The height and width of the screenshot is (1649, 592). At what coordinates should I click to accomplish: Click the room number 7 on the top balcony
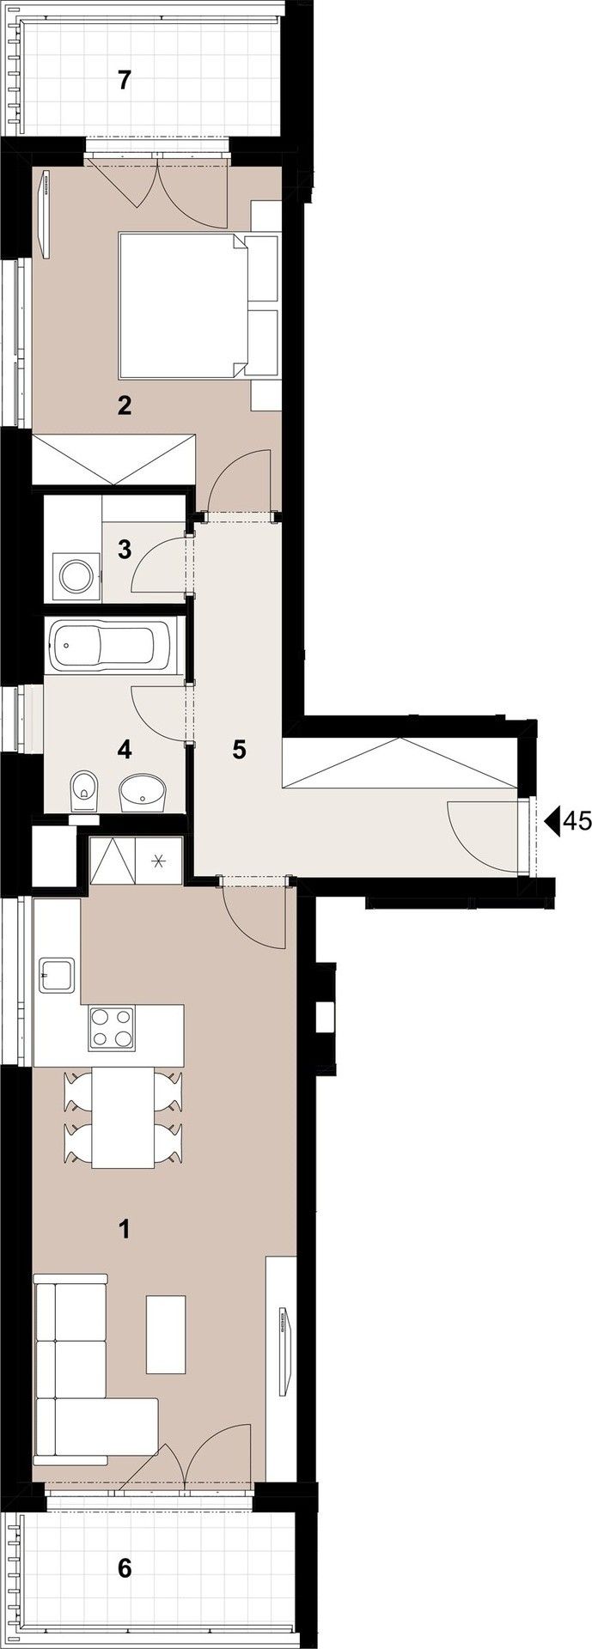tap(125, 81)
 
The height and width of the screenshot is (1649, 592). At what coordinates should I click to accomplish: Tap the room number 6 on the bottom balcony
tap(125, 1568)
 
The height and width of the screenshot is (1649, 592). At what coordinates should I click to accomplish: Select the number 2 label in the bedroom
tap(125, 405)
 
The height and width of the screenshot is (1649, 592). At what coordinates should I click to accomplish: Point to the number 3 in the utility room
tap(125, 549)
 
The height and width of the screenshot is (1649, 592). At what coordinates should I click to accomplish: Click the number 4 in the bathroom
tap(125, 750)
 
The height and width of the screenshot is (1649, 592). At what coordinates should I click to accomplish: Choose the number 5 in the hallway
tap(239, 750)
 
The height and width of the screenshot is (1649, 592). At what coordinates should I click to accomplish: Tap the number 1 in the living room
tap(125, 1229)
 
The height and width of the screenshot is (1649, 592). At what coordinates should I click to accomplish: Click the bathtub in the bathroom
tap(114, 647)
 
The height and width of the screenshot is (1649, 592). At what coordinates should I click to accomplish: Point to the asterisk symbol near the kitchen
tap(159, 860)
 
